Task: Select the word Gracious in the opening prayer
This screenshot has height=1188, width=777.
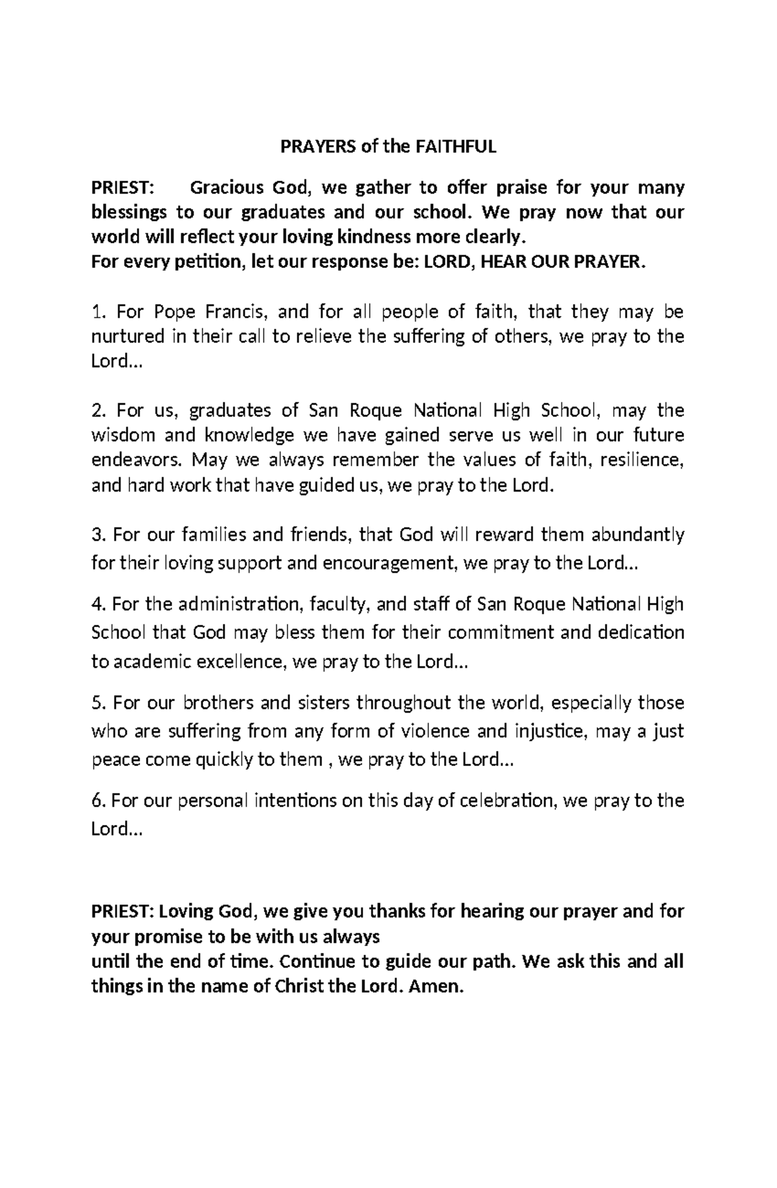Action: (226, 188)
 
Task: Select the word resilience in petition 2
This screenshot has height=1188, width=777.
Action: (641, 460)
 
